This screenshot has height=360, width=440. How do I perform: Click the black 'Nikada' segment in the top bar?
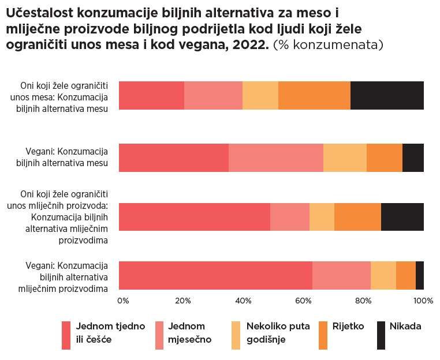(x=387, y=95)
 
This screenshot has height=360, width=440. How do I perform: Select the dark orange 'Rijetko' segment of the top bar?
(x=314, y=95)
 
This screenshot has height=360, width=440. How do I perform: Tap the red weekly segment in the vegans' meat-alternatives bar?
(x=173, y=157)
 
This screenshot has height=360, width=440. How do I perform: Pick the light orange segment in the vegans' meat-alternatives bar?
(x=345, y=157)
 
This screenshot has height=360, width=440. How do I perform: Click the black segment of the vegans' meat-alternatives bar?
(x=413, y=157)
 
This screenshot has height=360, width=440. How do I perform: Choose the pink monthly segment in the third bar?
(x=290, y=217)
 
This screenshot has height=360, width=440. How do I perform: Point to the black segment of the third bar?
(x=402, y=217)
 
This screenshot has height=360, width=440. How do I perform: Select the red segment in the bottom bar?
(x=215, y=275)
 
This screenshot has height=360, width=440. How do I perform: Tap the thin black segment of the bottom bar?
(x=420, y=275)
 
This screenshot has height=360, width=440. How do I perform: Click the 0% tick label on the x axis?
(x=123, y=301)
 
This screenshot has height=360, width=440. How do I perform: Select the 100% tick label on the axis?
(x=423, y=301)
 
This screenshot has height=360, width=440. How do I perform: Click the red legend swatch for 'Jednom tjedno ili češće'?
(x=66, y=335)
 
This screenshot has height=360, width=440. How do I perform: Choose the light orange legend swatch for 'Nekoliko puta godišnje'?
(x=236, y=335)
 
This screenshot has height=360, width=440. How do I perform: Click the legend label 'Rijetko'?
(x=348, y=326)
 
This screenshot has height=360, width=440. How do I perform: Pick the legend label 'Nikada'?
(x=405, y=326)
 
